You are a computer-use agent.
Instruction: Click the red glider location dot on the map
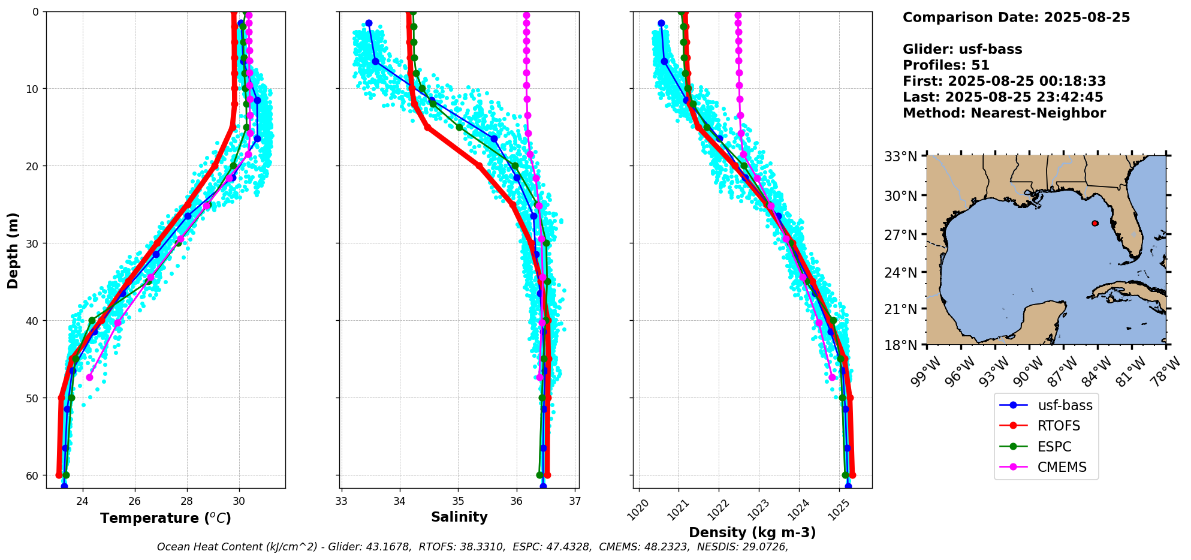(1095, 223)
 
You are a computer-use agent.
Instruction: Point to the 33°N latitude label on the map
(901, 157)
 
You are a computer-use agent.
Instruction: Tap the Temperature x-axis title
(165, 518)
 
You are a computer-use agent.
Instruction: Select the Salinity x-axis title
(459, 517)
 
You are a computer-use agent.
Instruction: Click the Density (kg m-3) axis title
(752, 532)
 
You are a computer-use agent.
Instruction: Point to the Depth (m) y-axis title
(13, 250)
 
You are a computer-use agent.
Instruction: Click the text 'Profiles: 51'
(946, 65)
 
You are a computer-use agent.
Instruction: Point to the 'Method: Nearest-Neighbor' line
(1004, 113)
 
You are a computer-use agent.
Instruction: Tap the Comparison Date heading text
(1016, 17)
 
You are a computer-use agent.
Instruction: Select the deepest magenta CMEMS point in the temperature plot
(90, 377)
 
